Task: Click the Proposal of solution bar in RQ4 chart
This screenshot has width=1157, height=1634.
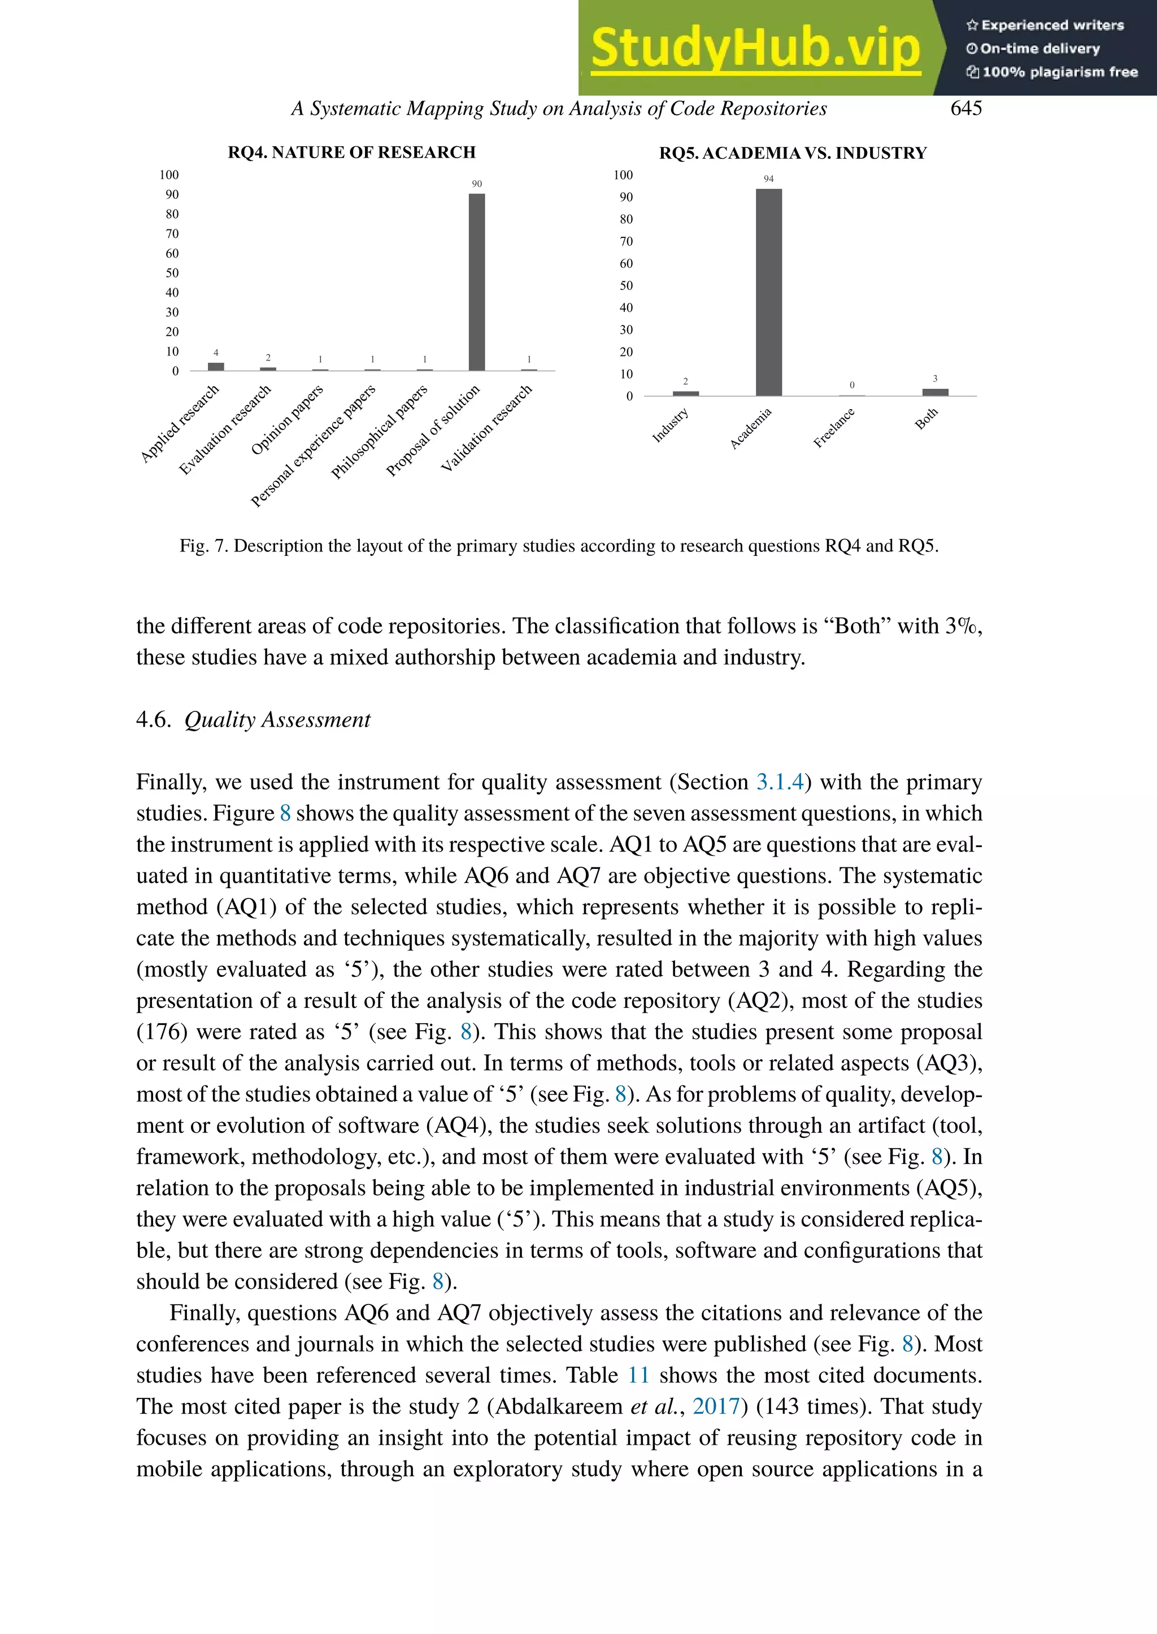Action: click(477, 281)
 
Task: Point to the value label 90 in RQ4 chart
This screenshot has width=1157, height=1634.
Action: click(477, 184)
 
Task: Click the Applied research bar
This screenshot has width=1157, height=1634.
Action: click(216, 366)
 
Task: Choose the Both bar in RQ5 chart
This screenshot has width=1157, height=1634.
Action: click(935, 392)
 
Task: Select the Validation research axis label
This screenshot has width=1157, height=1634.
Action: click(486, 429)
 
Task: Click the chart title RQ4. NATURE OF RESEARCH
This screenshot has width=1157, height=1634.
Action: click(351, 153)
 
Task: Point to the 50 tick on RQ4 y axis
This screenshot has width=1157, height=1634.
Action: click(172, 273)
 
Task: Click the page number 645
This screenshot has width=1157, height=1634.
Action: click(965, 108)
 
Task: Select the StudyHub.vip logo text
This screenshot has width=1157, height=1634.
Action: click(755, 49)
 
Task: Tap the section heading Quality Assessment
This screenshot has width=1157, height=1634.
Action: click(277, 720)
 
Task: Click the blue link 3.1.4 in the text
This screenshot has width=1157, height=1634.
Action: click(780, 783)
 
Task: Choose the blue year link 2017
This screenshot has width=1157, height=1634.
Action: click(716, 1406)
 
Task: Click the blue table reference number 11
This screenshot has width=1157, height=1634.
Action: click(638, 1375)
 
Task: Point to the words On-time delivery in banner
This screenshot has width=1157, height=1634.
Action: click(1039, 49)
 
